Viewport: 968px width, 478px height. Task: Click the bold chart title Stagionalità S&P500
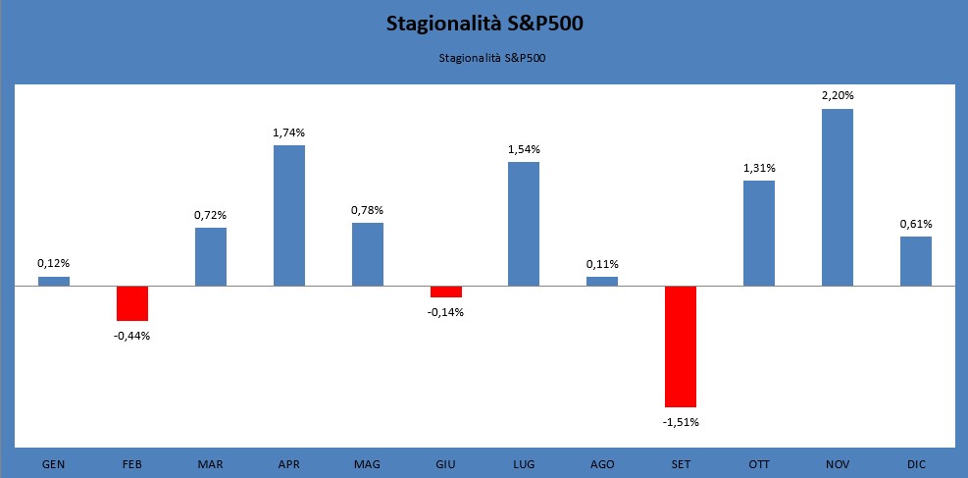[x=484, y=25]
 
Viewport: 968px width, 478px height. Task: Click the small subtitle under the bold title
[x=484, y=58]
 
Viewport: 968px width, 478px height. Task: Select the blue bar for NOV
[x=837, y=197]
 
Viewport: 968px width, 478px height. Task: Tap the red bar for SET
[x=680, y=346]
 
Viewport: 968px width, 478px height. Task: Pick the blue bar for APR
[x=288, y=216]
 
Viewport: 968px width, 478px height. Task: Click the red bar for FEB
[x=132, y=303]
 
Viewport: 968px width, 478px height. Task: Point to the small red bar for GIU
[x=445, y=292]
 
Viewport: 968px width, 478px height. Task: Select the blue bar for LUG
[x=524, y=224]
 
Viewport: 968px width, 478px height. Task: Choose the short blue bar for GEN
[x=54, y=282]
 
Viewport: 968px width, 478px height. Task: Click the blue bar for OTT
[x=758, y=234]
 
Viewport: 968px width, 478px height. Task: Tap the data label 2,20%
[x=838, y=95]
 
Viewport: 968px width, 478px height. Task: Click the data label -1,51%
[x=680, y=422]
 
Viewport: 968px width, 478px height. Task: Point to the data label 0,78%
[x=367, y=210]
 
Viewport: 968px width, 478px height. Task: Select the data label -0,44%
[x=132, y=336]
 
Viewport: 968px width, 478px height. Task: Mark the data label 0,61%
[x=915, y=224]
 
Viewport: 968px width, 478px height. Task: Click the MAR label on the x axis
[x=210, y=463]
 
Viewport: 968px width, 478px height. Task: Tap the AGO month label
[x=601, y=463]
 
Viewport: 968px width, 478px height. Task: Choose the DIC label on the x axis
[x=915, y=463]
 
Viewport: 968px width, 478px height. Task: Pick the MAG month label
[x=367, y=463]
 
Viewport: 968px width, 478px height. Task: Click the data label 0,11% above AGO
[x=602, y=263]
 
